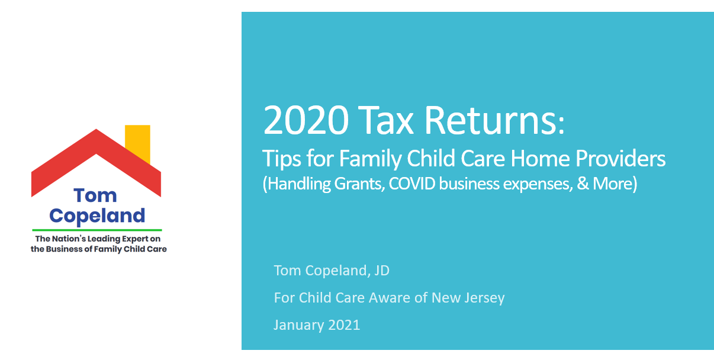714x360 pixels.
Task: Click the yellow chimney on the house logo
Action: click(x=137, y=143)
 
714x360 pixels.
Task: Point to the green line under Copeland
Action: click(x=97, y=230)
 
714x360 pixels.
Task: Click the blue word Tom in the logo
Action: click(x=95, y=195)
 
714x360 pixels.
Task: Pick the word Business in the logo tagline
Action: click(x=64, y=249)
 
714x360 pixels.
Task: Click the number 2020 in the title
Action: click(x=306, y=121)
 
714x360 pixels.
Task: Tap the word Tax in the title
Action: click(x=385, y=121)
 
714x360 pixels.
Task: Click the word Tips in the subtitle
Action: click(x=281, y=159)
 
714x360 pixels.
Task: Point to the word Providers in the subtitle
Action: click(x=620, y=158)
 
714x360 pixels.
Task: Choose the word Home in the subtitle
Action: click(x=540, y=158)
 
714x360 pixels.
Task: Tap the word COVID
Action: click(x=412, y=184)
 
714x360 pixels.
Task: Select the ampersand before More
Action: click(x=583, y=184)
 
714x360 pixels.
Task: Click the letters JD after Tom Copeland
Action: click(x=382, y=271)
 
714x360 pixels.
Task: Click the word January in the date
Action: click(x=298, y=325)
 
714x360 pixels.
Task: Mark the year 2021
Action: click(x=344, y=325)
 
